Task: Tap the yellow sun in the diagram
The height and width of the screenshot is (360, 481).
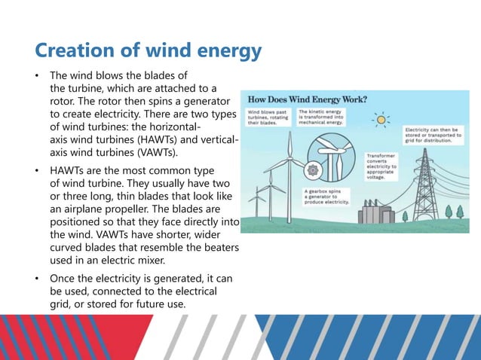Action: coord(381,120)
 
